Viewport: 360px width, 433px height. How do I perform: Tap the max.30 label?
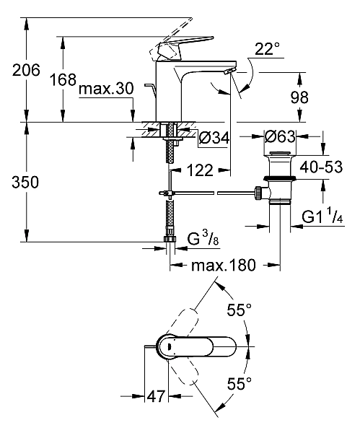(x=106, y=89)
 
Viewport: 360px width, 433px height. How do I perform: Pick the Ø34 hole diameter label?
(x=213, y=137)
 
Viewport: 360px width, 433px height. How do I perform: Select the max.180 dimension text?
(x=224, y=266)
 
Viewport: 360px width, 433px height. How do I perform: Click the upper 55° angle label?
(x=239, y=310)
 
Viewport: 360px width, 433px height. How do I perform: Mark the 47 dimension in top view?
(x=155, y=397)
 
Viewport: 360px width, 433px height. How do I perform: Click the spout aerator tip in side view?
(x=229, y=71)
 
